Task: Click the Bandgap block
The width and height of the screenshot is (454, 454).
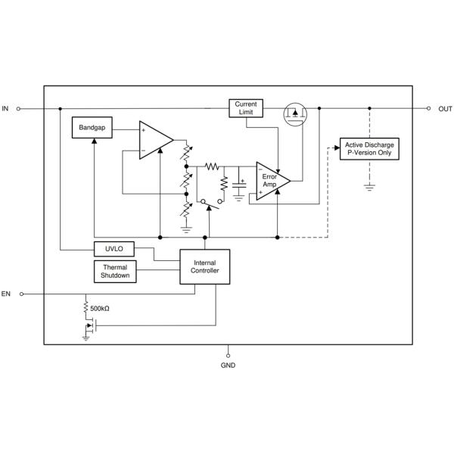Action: click(x=92, y=129)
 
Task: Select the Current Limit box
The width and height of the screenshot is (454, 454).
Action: click(x=246, y=108)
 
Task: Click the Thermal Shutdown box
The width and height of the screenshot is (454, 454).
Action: click(x=114, y=272)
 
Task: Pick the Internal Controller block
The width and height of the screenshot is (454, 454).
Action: click(x=204, y=267)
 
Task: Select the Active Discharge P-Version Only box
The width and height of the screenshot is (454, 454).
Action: click(x=369, y=148)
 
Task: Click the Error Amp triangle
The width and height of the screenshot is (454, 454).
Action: click(x=273, y=180)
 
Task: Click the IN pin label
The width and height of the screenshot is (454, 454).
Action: click(x=5, y=109)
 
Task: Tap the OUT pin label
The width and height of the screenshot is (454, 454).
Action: click(x=445, y=109)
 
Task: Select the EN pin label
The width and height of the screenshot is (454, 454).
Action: click(x=6, y=294)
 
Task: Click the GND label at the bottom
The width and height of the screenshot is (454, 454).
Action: click(x=228, y=365)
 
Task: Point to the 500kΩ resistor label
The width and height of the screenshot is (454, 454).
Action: click(x=101, y=309)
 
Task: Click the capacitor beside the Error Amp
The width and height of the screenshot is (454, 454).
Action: click(x=241, y=185)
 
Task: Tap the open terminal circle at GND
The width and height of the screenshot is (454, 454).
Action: click(x=228, y=353)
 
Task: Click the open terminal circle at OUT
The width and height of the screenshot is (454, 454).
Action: click(x=429, y=108)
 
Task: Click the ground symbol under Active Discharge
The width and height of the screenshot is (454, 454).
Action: click(x=369, y=185)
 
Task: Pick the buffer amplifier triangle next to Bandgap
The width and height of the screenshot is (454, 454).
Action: click(x=154, y=140)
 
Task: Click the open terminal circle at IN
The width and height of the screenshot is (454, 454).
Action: click(x=20, y=108)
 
